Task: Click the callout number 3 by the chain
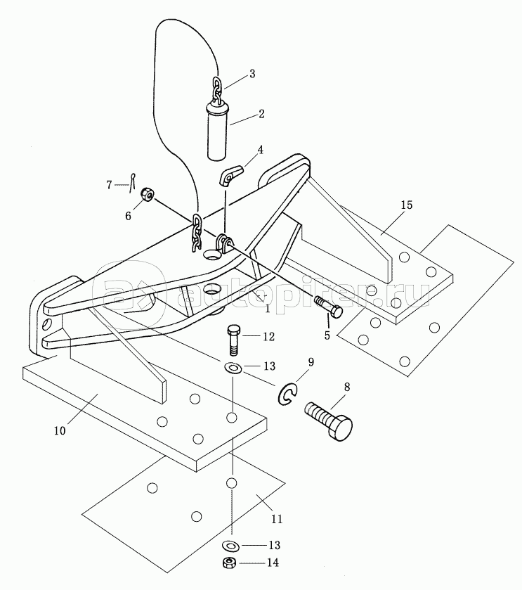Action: pos(252,73)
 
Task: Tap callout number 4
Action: pos(260,150)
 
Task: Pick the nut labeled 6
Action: pos(148,196)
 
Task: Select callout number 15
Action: pos(406,205)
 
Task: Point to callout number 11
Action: pos(276,520)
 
